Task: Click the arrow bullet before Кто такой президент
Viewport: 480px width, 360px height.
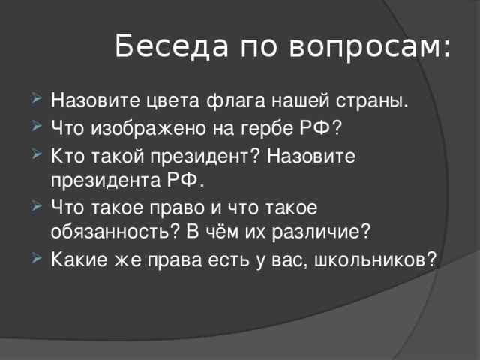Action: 38,156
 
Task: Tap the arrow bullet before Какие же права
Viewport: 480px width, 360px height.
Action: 38,258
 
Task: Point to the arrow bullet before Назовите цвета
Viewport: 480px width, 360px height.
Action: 38,100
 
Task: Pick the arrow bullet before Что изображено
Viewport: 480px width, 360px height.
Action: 38,127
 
